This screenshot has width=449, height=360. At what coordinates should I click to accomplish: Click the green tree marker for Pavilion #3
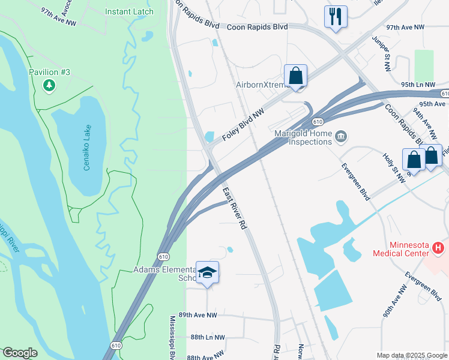(x=49, y=86)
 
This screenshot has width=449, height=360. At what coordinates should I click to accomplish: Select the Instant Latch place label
(x=129, y=11)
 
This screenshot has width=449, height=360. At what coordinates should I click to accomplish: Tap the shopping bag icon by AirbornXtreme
(x=295, y=76)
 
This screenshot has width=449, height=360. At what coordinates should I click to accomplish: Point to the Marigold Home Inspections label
(x=303, y=137)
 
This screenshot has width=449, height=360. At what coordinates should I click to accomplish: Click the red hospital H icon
(x=439, y=247)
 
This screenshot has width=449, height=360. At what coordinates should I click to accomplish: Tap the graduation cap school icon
(x=207, y=273)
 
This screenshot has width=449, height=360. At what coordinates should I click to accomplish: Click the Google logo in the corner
(x=19, y=352)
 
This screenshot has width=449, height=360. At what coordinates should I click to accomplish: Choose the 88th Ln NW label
(x=207, y=338)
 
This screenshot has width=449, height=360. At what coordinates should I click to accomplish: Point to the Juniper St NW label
(x=383, y=53)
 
